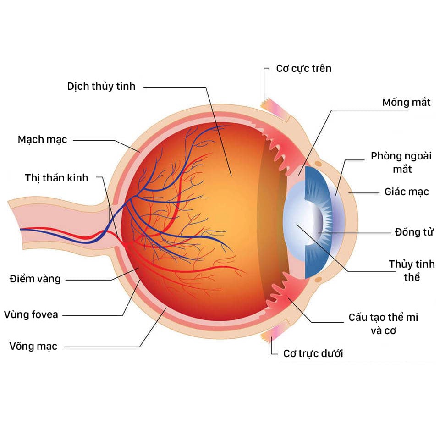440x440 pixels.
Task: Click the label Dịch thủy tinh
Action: [x=101, y=86]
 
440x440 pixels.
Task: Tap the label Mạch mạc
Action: [x=42, y=139]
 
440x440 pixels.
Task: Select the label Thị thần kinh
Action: [x=56, y=178]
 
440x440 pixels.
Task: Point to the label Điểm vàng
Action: [x=35, y=279]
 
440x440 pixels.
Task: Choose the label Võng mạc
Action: [x=33, y=346]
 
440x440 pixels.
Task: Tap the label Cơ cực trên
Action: [x=303, y=68]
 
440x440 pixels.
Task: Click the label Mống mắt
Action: [x=406, y=102]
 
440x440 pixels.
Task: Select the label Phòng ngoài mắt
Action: [x=401, y=162]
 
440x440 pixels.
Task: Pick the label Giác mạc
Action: [x=407, y=192]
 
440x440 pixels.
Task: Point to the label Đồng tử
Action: [x=413, y=232]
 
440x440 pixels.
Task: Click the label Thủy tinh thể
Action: [x=412, y=270]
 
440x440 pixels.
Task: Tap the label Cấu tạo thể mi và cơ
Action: [x=383, y=323]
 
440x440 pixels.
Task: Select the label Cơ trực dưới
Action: [x=313, y=353]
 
